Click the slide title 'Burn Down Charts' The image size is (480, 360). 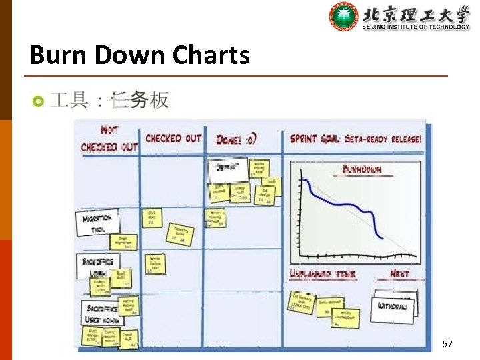pos(139,55)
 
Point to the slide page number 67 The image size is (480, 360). pos(447,344)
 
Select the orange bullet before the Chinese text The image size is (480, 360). pos(38,101)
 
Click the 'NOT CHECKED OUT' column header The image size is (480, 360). pos(109,138)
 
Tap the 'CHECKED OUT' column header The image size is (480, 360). pos(173,139)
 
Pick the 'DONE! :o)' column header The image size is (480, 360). pos(237,139)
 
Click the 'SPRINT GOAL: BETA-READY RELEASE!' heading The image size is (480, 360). pos(355,139)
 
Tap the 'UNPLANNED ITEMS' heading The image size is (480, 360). pos(322,274)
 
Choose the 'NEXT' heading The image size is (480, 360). pos(399,273)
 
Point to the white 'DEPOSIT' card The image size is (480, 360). pos(228,169)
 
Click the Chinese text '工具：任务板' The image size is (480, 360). pos(110,101)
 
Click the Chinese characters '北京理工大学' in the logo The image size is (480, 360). pos(416,13)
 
